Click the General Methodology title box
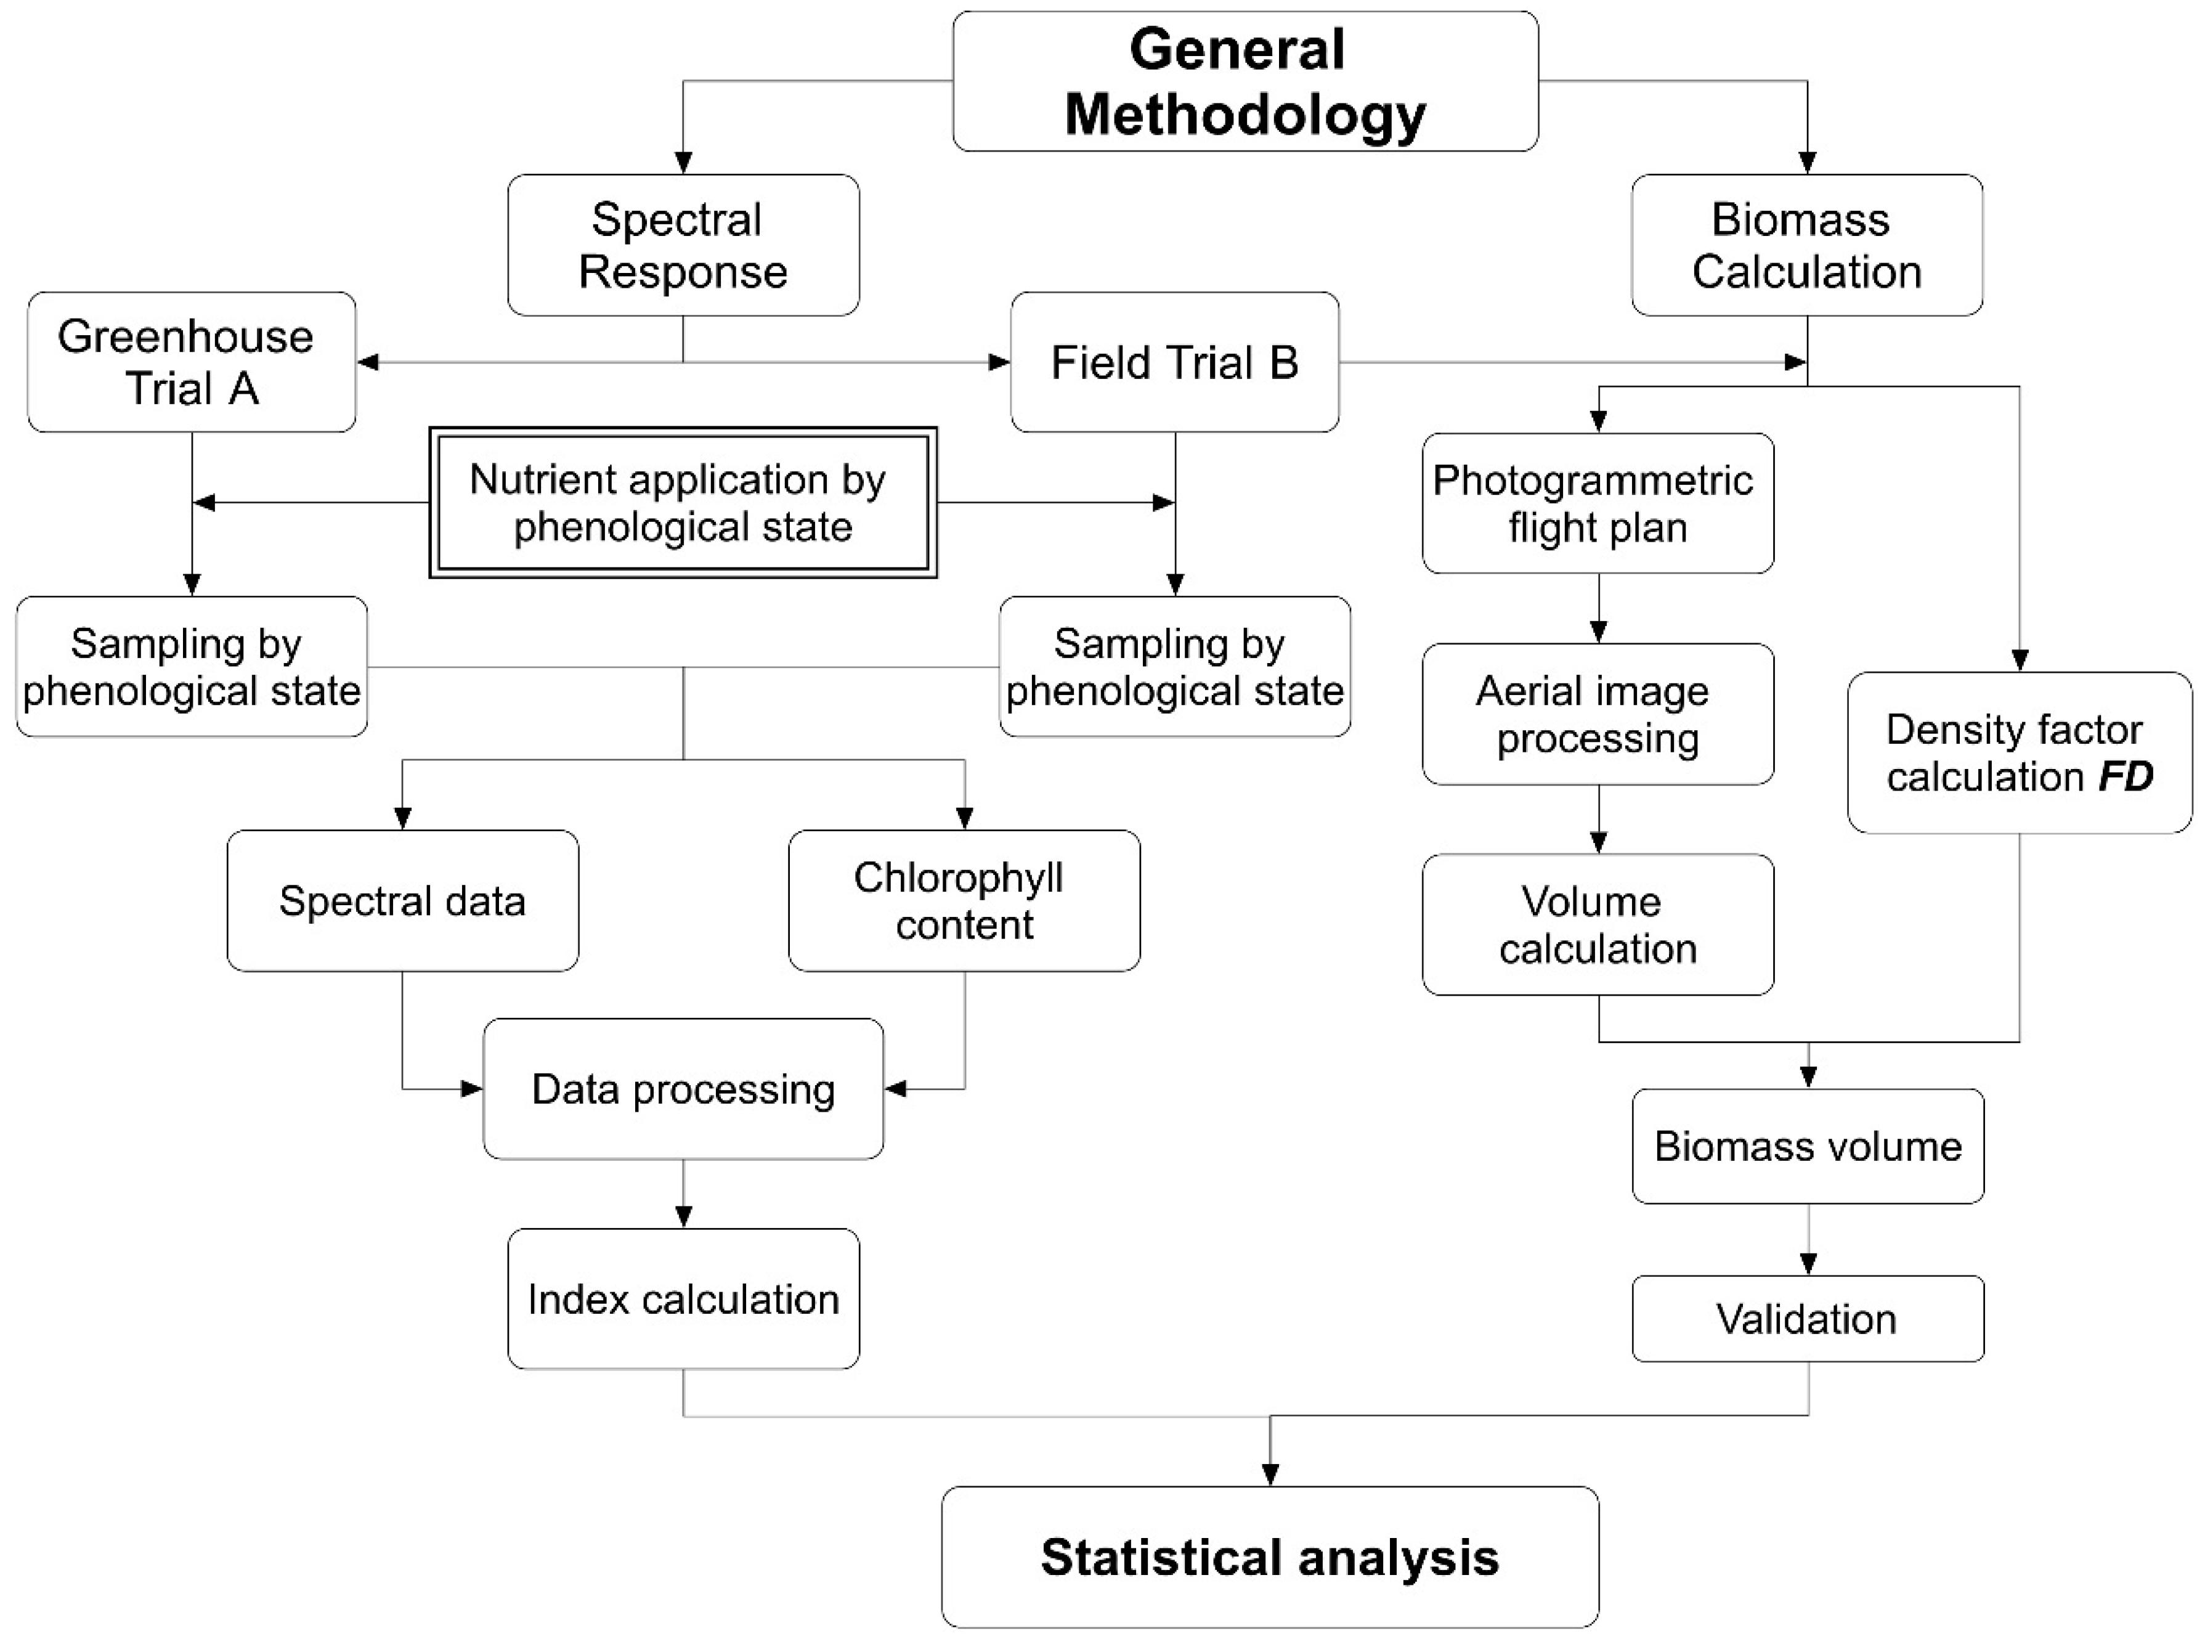tap(1245, 81)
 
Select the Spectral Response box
tap(683, 245)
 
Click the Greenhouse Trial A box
tap(191, 362)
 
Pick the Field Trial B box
tap(1174, 362)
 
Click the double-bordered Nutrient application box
tap(682, 502)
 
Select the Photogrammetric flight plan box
tap(1597, 503)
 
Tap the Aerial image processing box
tap(1597, 714)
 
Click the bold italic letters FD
tap(2126, 776)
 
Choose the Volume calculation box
tap(1597, 924)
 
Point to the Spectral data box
tap(402, 900)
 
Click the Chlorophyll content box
tap(964, 900)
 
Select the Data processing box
tap(682, 1088)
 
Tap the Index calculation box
tap(682, 1298)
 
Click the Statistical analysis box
tap(1269, 1557)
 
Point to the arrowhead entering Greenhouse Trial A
tap(367, 362)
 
